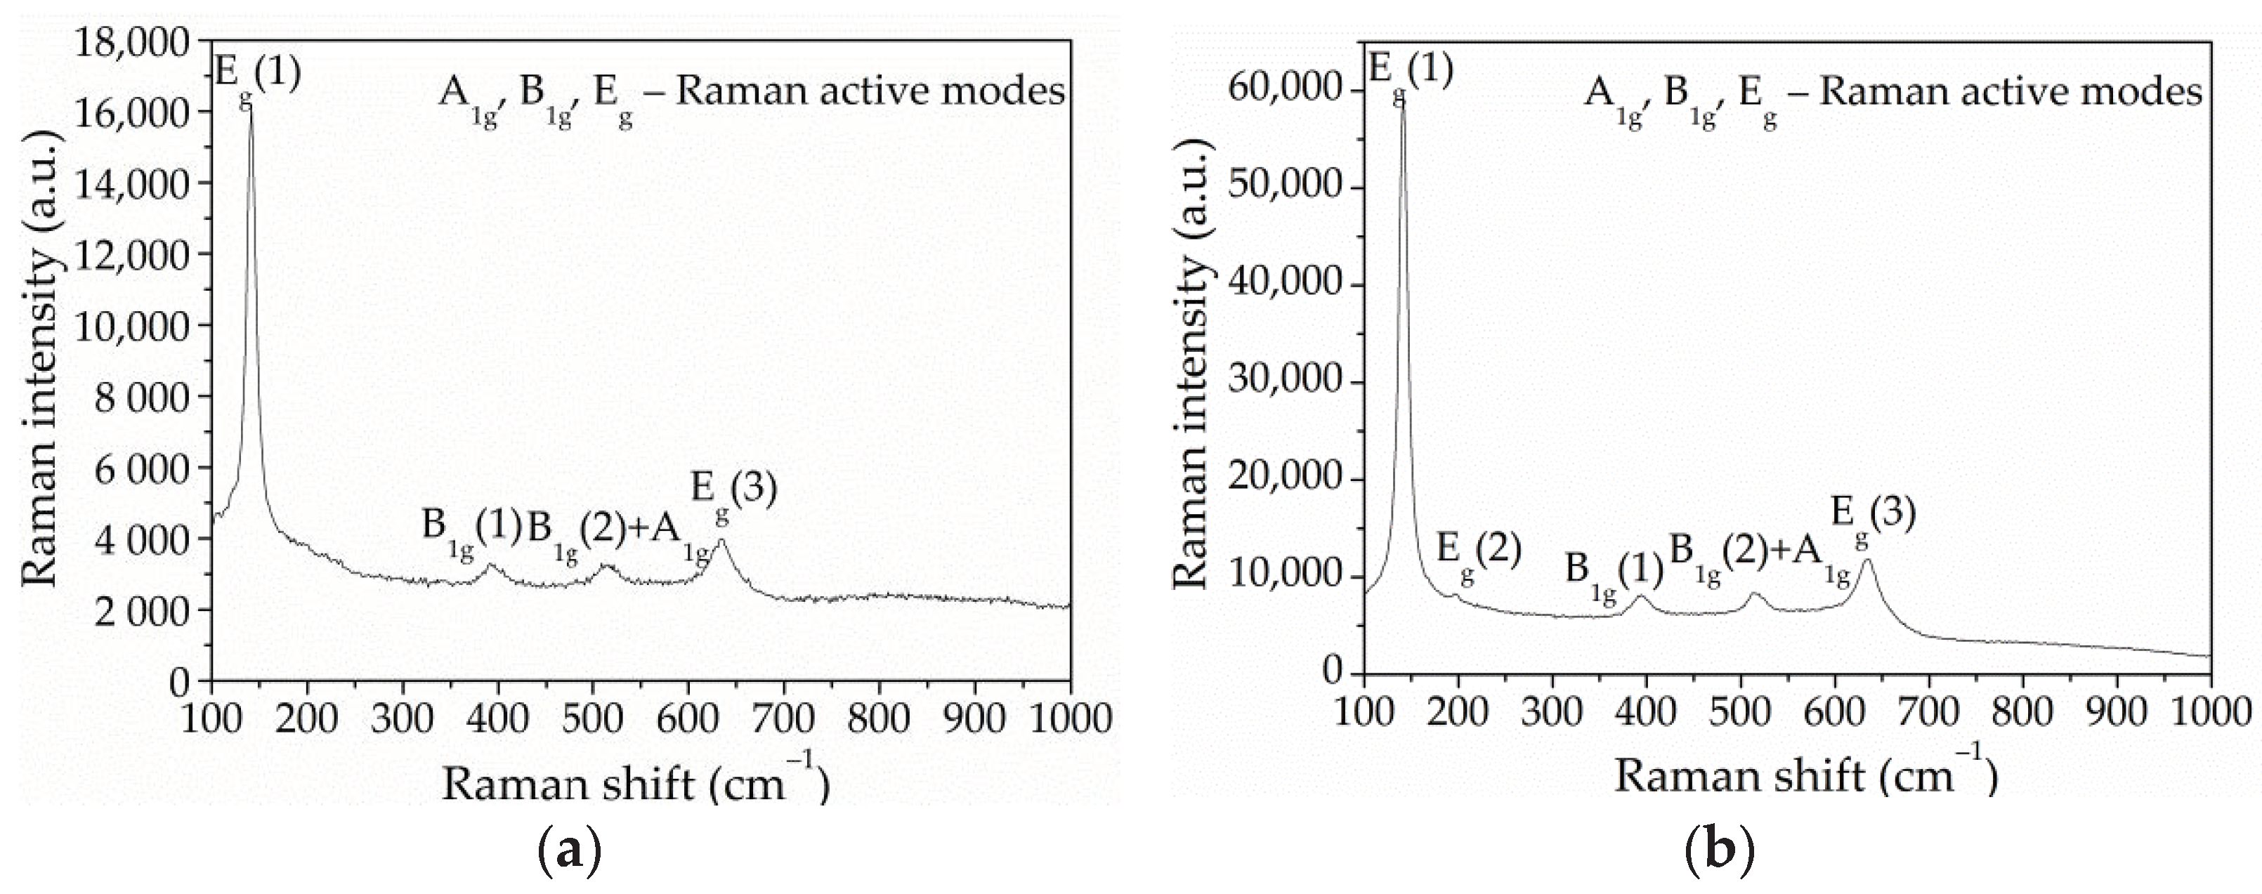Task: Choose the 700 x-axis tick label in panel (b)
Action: (1928, 709)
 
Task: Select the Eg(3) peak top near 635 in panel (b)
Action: (1868, 560)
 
